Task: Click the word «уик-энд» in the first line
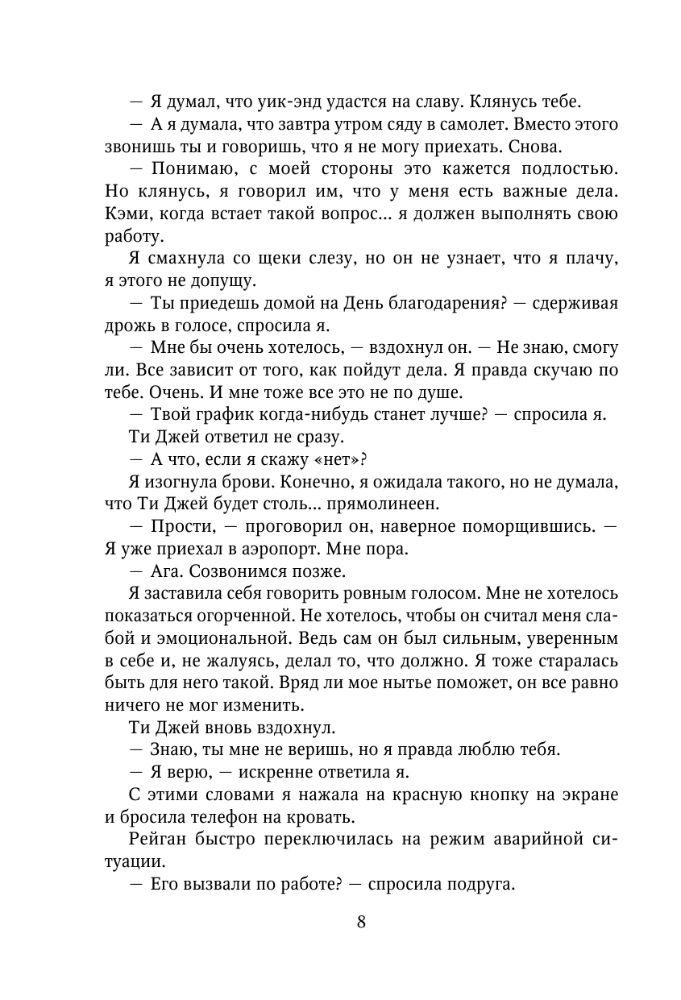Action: point(283,103)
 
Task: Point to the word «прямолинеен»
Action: point(392,504)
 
